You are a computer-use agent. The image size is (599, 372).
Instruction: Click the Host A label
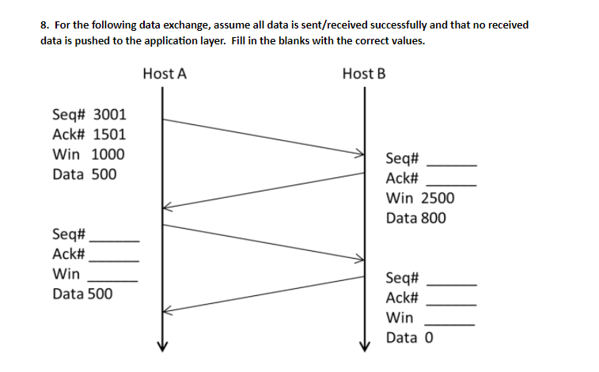165,74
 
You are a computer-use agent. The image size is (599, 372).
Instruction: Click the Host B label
364,74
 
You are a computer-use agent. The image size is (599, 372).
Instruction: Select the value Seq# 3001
89,116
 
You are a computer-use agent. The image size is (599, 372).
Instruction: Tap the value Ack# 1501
89,135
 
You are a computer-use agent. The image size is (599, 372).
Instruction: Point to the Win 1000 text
88,154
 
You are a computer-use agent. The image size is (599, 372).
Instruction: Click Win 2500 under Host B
420,198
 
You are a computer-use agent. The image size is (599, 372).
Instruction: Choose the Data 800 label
416,218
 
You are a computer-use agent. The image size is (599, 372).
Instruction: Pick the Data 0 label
410,338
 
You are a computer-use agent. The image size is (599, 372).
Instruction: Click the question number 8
44,25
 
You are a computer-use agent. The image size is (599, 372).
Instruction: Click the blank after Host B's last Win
451,323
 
